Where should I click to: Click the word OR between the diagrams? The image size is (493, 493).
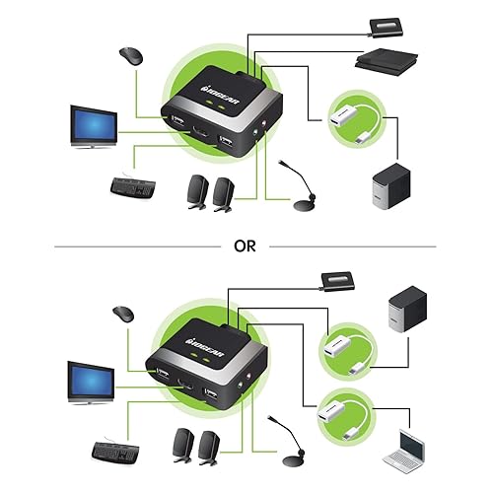point(246,246)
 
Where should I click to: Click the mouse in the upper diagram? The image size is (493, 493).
point(129,56)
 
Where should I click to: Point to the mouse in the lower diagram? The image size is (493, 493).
point(121,316)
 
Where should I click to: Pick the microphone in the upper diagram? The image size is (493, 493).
point(299,197)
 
